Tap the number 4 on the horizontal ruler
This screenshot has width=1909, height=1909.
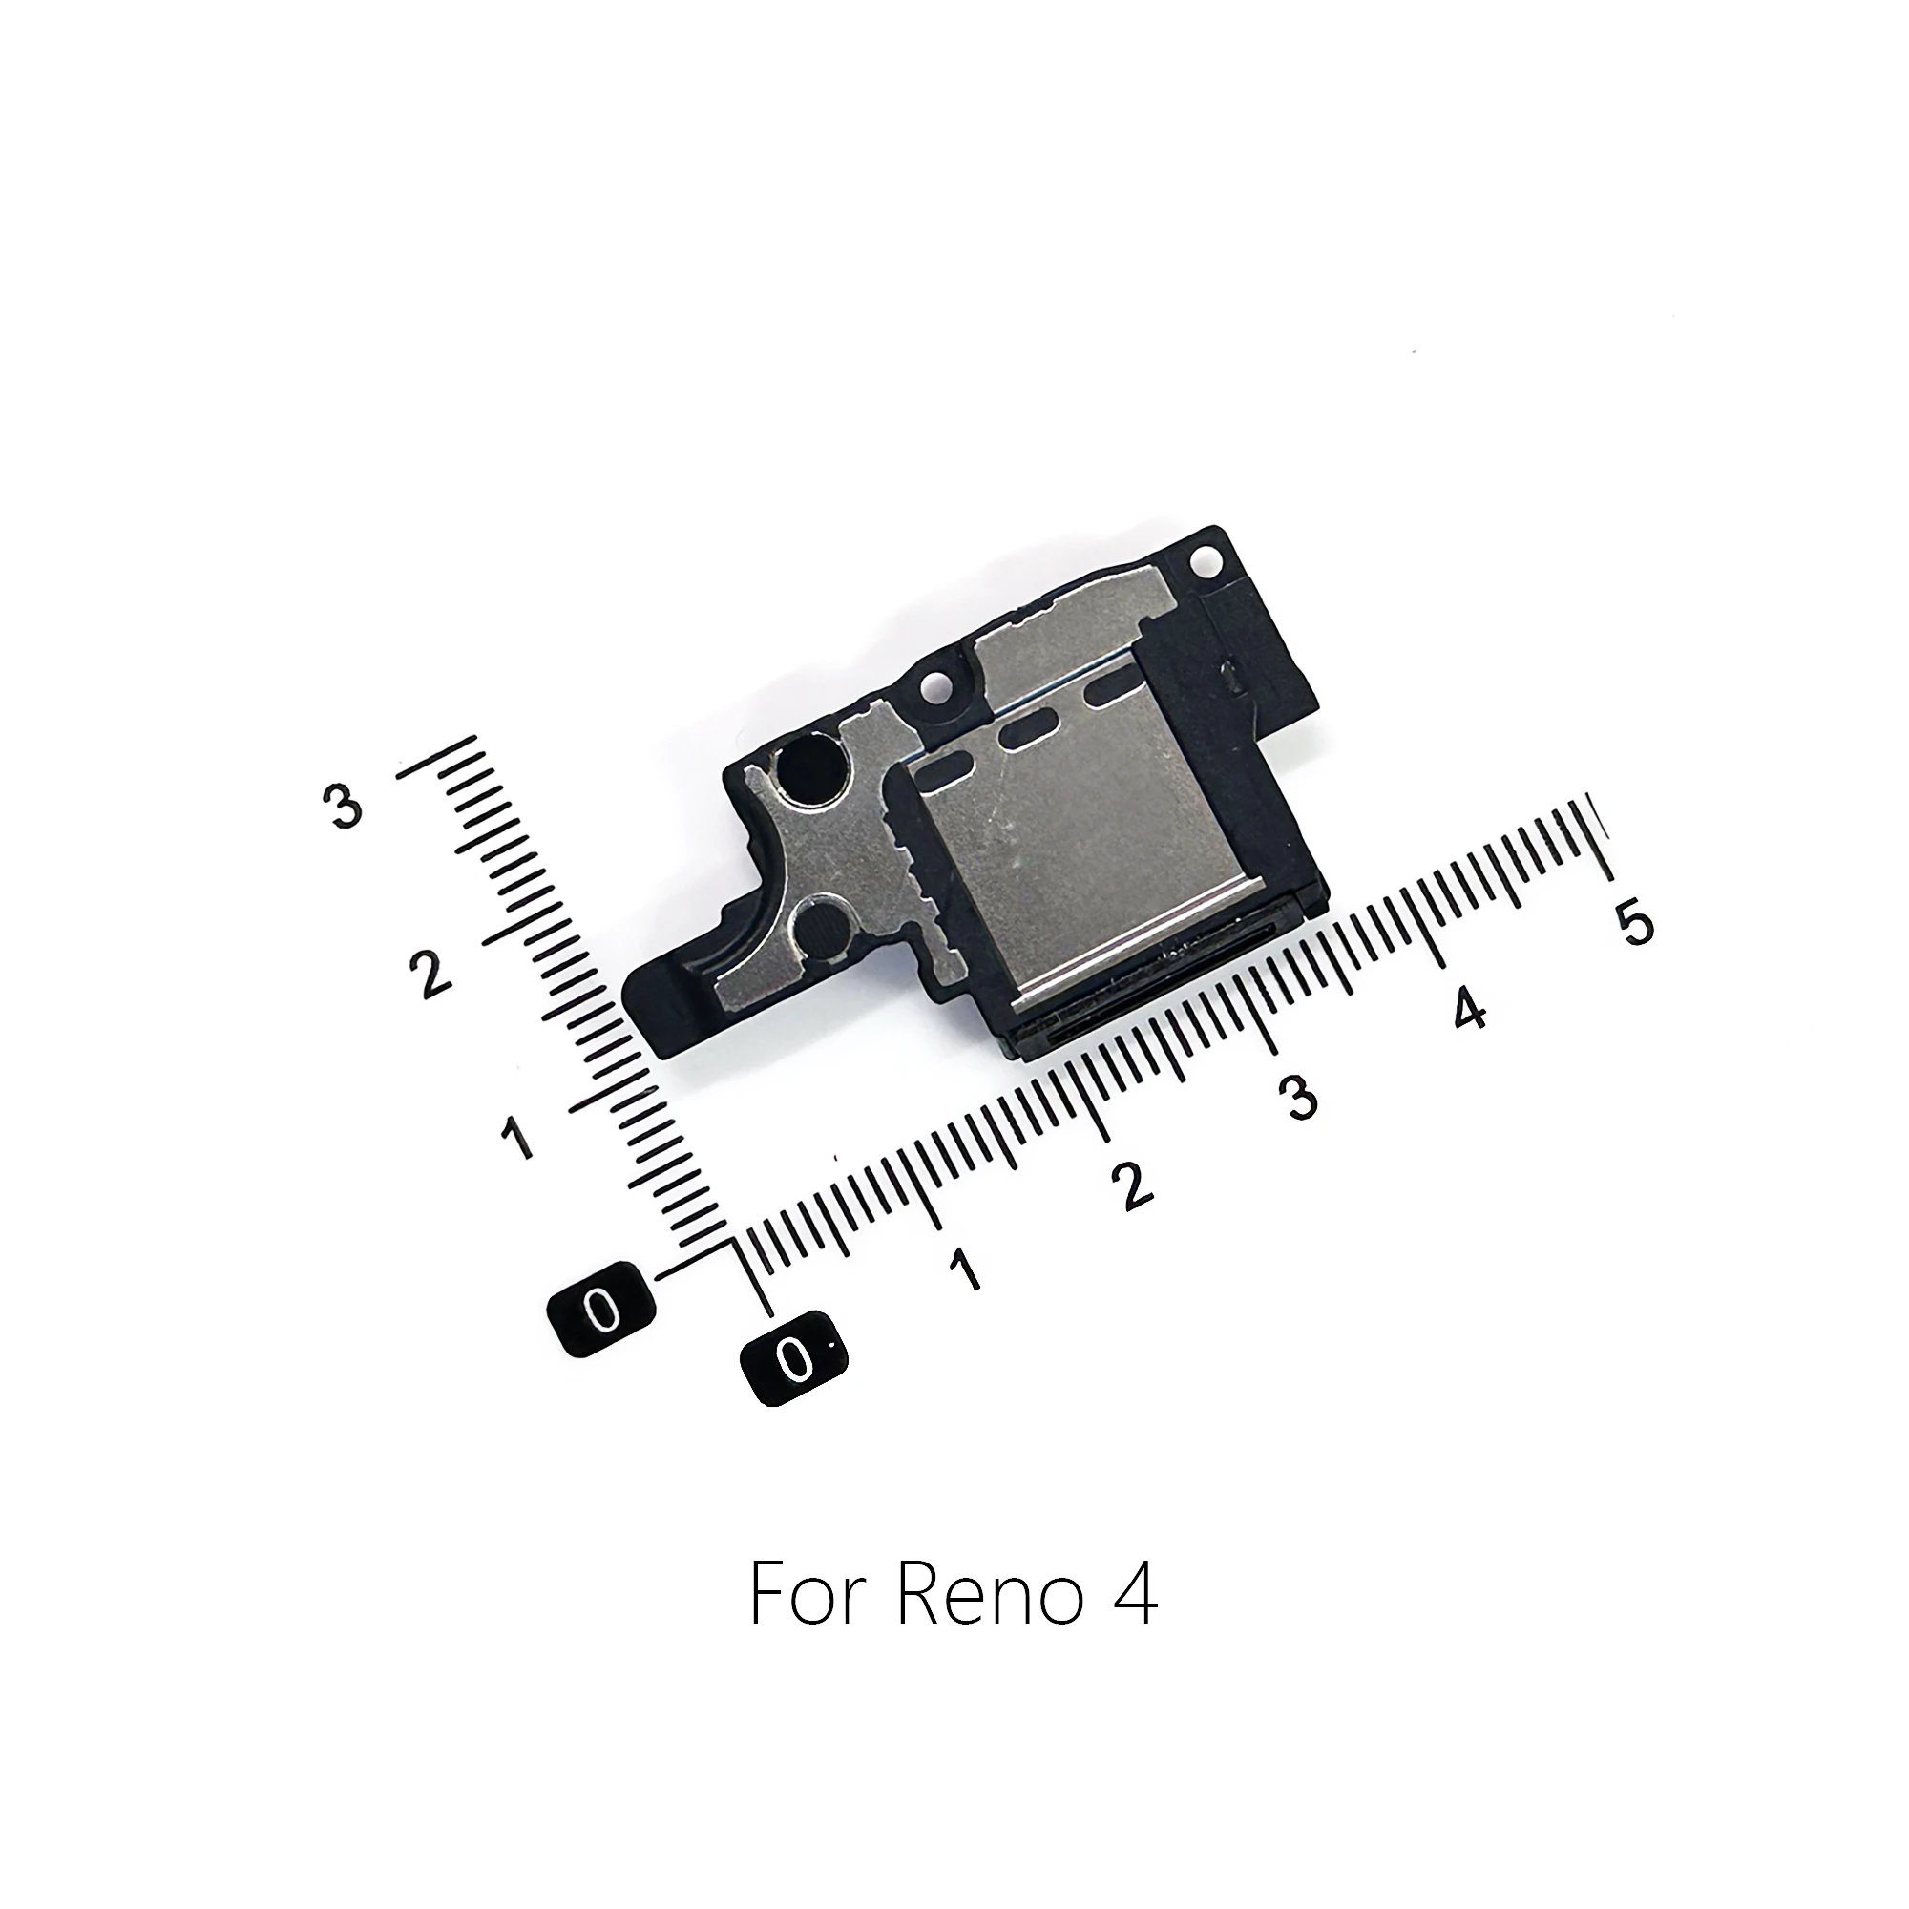(x=1469, y=1009)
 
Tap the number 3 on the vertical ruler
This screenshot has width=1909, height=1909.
(x=343, y=808)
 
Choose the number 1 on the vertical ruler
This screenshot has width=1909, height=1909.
(x=516, y=1138)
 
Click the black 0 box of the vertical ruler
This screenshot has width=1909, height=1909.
(x=601, y=1311)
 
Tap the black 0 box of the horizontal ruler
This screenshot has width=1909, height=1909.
(x=793, y=1358)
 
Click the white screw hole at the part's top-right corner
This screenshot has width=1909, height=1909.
(x=1205, y=559)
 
